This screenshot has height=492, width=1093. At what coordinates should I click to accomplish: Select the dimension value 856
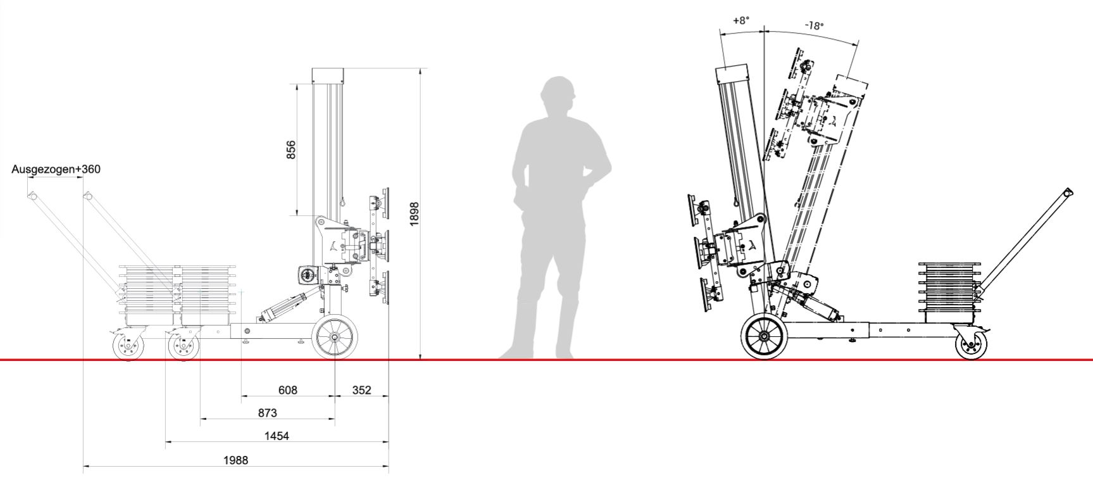tap(291, 149)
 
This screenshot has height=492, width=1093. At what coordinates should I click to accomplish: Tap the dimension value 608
tap(288, 391)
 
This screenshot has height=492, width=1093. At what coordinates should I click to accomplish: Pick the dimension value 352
tap(361, 391)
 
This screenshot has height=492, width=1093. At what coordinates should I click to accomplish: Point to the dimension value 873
tap(268, 413)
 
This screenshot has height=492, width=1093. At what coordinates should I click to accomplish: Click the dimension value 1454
tap(277, 436)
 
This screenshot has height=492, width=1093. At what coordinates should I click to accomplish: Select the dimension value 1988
tap(235, 460)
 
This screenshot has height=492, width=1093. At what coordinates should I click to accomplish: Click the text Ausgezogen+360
tap(56, 170)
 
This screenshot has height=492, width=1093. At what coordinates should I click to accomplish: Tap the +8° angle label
tap(741, 20)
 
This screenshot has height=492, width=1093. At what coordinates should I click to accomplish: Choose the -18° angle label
tap(814, 26)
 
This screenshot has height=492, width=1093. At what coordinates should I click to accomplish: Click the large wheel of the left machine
tap(335, 338)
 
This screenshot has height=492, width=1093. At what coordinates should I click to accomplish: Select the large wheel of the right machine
tap(765, 336)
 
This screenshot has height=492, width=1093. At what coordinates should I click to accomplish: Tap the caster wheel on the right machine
tap(970, 346)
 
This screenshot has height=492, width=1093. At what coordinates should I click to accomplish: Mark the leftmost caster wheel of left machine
tap(128, 346)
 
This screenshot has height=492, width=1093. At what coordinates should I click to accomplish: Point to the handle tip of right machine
tap(1068, 191)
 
